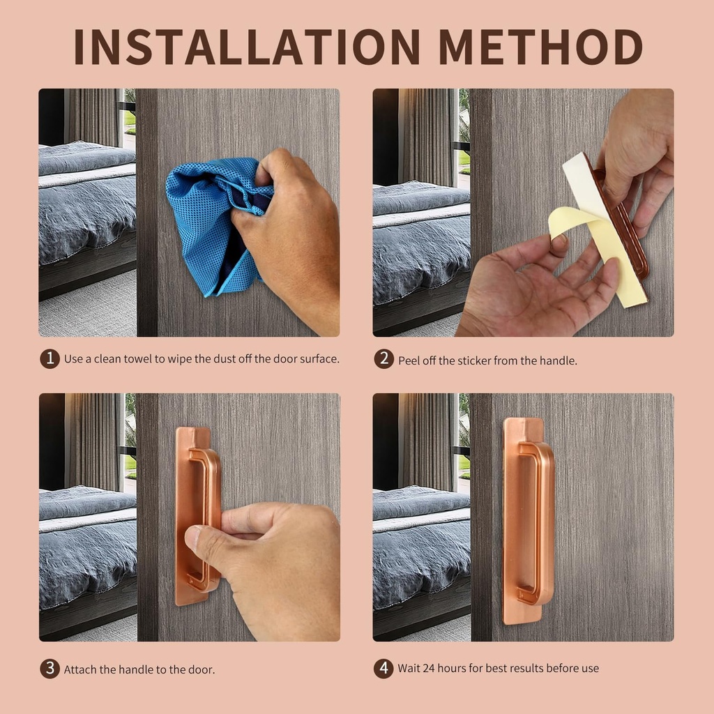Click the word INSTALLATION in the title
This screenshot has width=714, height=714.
247,47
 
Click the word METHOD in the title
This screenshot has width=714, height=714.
540,47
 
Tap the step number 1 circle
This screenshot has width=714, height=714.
50,358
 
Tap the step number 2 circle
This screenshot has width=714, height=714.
383,360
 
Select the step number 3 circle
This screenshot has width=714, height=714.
50,669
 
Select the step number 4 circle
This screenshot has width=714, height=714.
383,668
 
